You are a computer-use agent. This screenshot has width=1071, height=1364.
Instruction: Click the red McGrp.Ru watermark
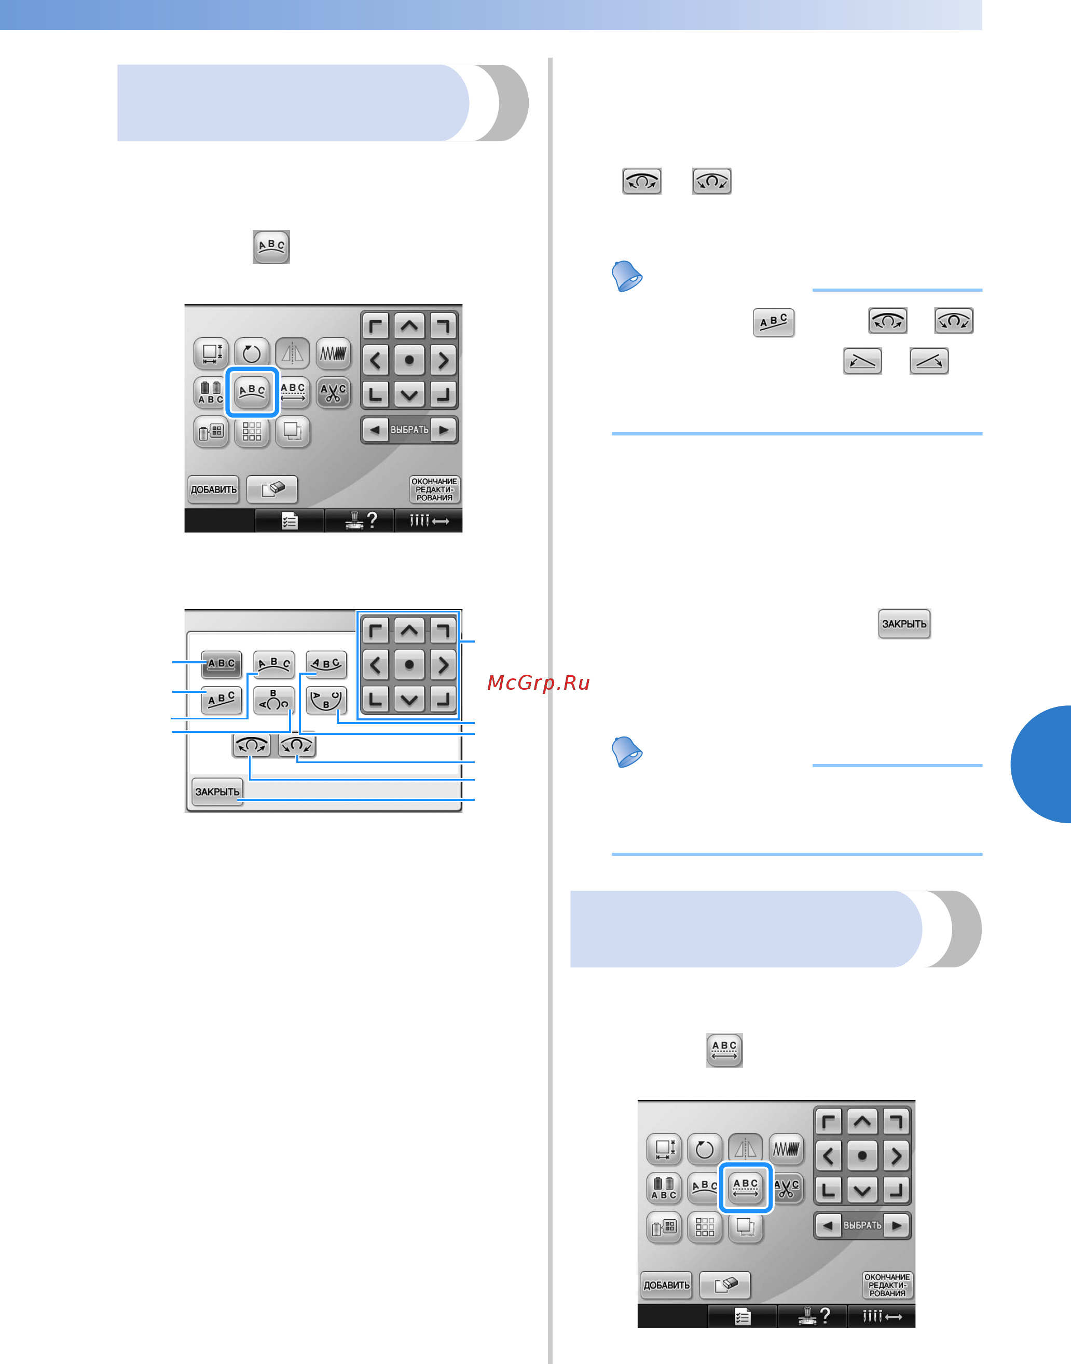[x=538, y=683]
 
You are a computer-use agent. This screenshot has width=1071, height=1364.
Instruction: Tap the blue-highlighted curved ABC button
[x=252, y=392]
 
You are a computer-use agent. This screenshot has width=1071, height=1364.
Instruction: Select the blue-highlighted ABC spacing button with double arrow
[x=745, y=1187]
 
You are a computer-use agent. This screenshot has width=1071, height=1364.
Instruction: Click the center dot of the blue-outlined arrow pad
[x=409, y=665]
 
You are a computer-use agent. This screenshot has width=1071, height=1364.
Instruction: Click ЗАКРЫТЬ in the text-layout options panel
[x=217, y=792]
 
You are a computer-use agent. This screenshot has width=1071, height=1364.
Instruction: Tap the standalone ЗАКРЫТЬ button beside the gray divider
[x=904, y=624]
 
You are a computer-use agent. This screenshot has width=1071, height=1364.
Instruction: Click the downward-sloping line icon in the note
[x=862, y=361]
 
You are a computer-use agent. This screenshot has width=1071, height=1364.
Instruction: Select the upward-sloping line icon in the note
[x=929, y=361]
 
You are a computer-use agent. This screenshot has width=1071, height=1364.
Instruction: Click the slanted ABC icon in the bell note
[x=774, y=322]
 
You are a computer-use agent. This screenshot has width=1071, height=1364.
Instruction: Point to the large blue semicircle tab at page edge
[x=1041, y=764]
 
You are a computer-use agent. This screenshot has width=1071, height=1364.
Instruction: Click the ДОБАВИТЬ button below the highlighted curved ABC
[x=214, y=489]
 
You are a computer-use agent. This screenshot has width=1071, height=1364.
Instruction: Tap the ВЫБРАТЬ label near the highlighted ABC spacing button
[x=862, y=1225]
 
